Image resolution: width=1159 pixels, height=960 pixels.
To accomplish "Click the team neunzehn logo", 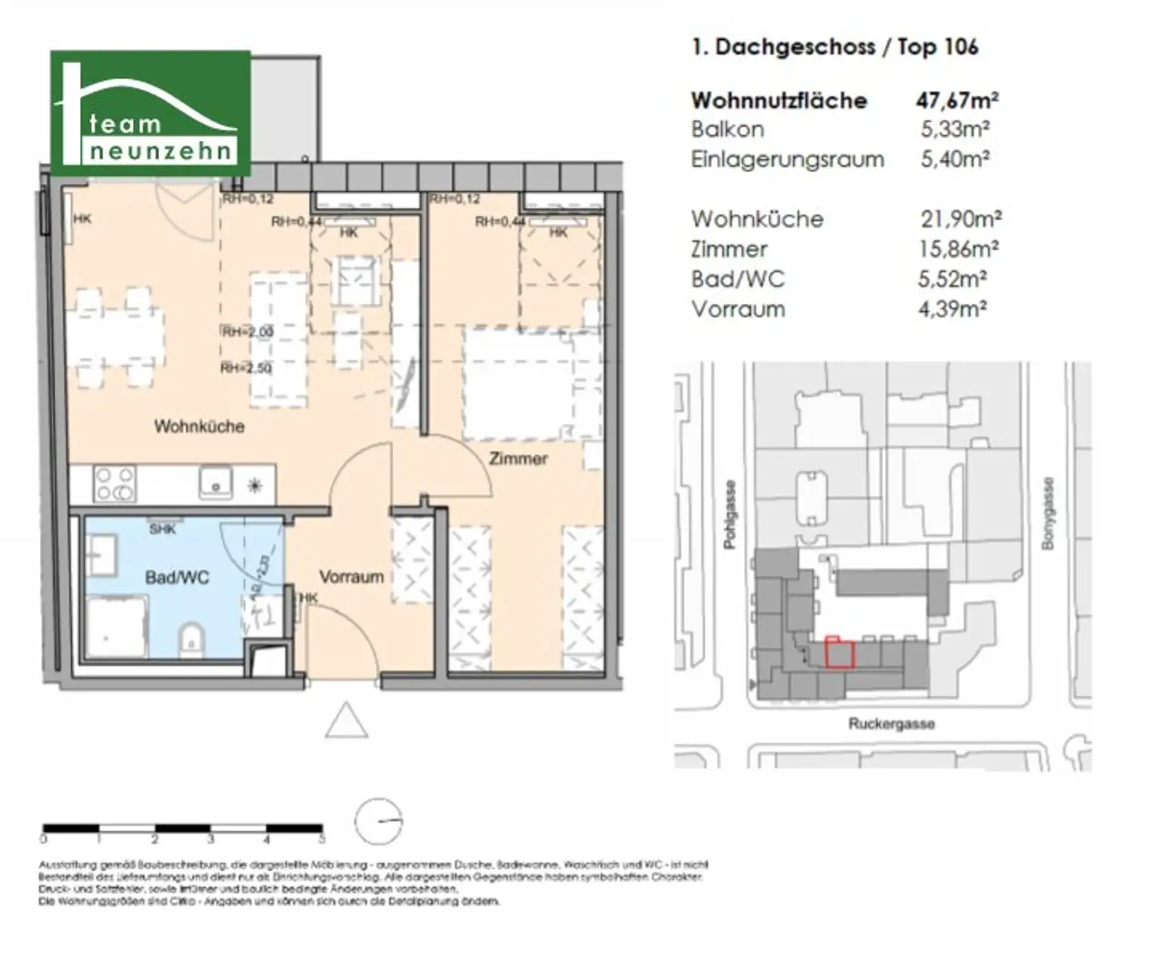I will pos(150,113).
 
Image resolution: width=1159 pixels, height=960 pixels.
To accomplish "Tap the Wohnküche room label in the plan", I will pos(199,427).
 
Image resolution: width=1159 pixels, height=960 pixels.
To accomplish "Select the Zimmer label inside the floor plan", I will pos(518,459).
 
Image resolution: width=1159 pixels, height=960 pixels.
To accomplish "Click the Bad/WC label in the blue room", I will pos(177,578).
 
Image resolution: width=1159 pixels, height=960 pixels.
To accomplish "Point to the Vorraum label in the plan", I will pos(351,578).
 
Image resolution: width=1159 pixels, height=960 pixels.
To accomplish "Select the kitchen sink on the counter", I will pos(216,482).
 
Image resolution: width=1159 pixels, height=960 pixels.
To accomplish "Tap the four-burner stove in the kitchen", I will pos(115,483).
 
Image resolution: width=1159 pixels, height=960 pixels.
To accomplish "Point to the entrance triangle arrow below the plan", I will pos(346,721).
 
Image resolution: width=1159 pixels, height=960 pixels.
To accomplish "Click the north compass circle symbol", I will pos(379,821).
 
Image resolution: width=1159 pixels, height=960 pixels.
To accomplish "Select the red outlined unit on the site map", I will pos(839,653).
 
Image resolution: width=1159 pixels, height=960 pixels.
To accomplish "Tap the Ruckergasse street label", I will pos(891,724).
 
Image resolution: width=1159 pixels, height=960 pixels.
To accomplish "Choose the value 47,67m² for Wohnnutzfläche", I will pos(958,100).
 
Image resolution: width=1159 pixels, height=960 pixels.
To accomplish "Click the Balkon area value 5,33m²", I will pos(955,130).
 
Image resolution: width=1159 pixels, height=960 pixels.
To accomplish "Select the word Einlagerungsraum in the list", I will pos(787,160).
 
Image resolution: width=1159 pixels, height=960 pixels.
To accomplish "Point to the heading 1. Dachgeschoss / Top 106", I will pos(835,47).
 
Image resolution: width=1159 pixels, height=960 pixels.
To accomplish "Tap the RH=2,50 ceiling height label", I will pos(246,368).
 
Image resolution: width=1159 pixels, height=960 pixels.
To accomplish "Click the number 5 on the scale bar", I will pos(322,839).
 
